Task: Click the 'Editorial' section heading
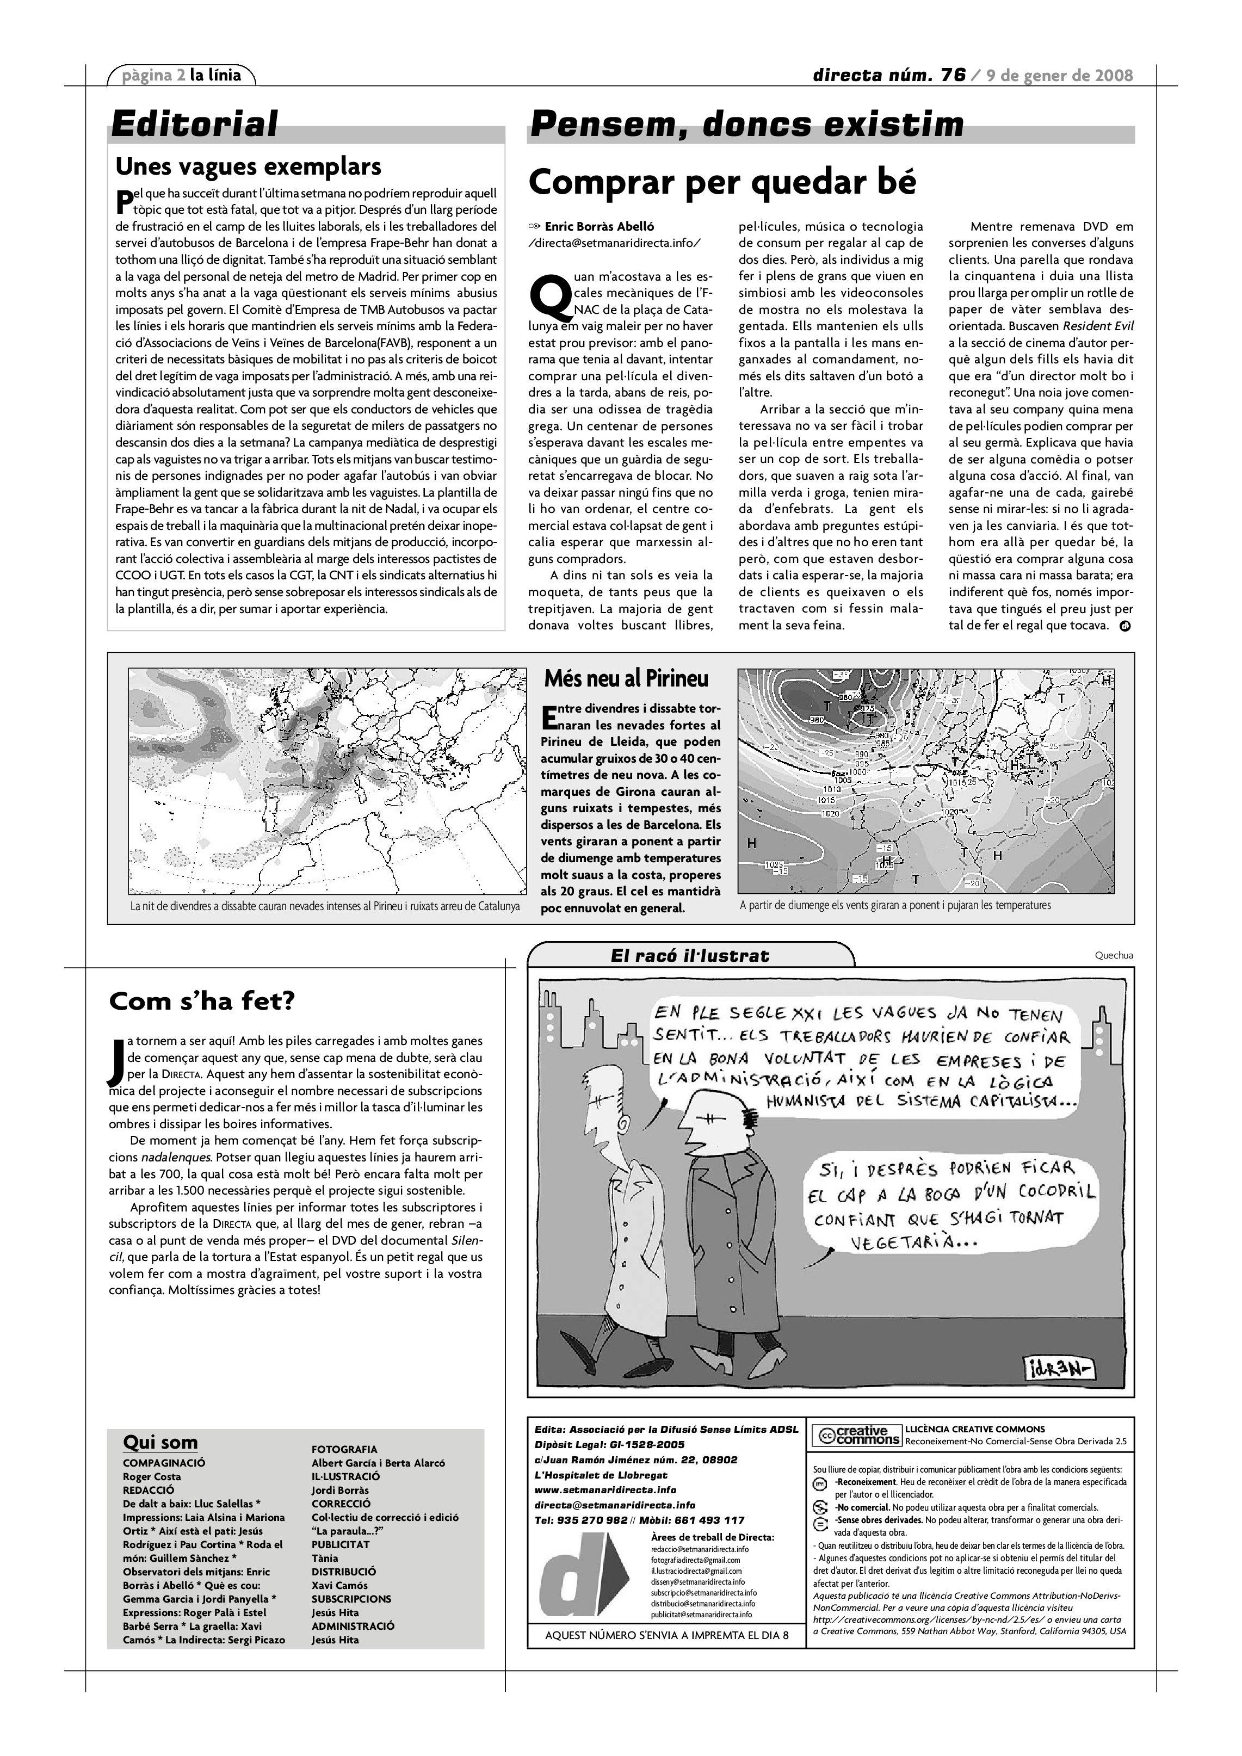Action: click(194, 124)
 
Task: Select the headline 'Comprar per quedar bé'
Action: click(722, 183)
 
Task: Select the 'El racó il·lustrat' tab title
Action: click(690, 955)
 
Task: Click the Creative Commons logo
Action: click(856, 1436)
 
